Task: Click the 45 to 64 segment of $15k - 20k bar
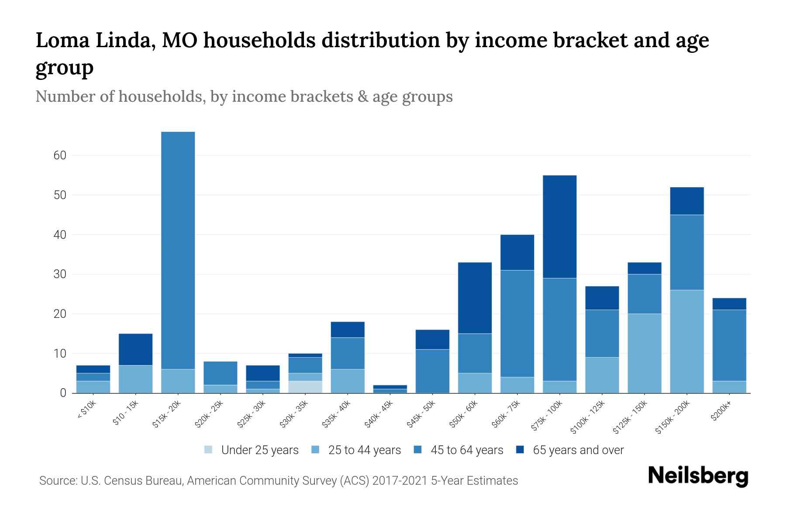click(178, 250)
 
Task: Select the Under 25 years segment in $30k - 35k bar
click(305, 387)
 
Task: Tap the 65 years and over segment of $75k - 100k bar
click(560, 227)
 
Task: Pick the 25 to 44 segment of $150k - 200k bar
click(687, 341)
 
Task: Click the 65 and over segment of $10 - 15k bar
click(136, 349)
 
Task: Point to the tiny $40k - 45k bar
click(390, 389)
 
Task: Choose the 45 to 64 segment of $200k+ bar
click(729, 345)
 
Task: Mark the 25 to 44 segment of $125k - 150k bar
click(645, 353)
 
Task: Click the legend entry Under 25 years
click(259, 450)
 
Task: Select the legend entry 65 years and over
click(578, 450)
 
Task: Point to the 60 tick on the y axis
click(60, 155)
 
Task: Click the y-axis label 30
click(60, 274)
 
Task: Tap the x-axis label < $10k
click(87, 411)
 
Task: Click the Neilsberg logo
click(698, 476)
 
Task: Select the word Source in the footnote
click(57, 481)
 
